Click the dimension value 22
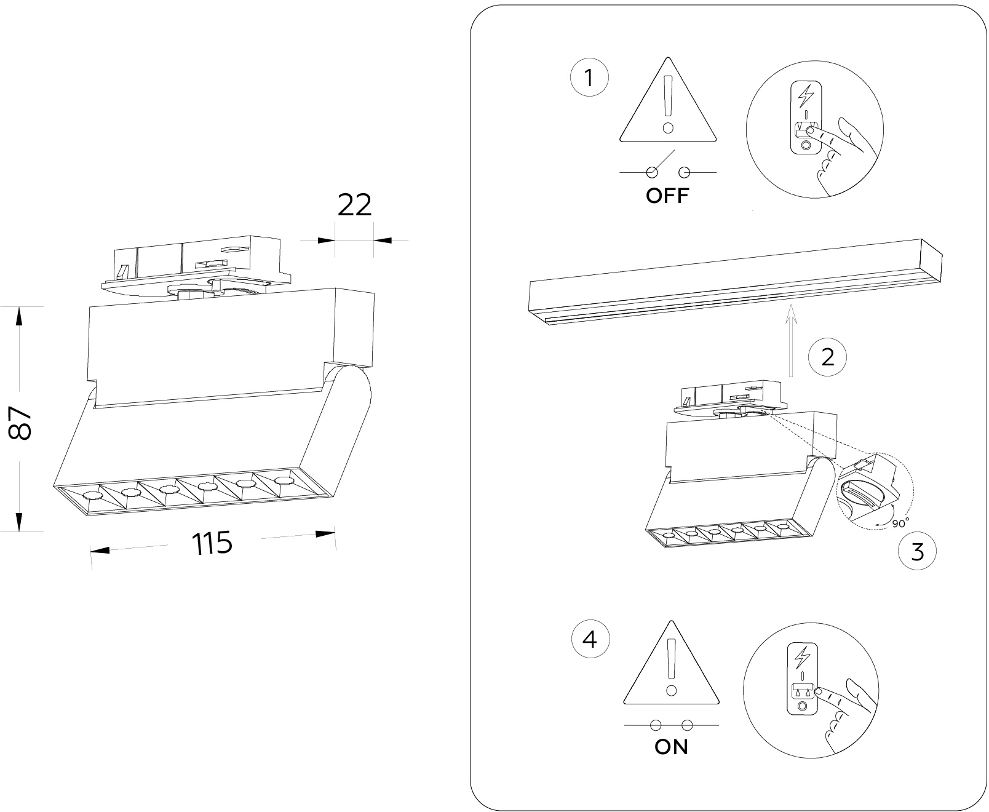(355, 205)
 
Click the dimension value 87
(20, 422)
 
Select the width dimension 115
(212, 543)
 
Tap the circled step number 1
(589, 79)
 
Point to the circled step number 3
(917, 552)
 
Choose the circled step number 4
(590, 640)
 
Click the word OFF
(668, 196)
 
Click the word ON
(671, 747)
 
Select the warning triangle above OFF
(668, 105)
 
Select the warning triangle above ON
(671, 667)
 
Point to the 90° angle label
(900, 523)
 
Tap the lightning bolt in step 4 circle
(802, 658)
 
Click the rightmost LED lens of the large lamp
(282, 480)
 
